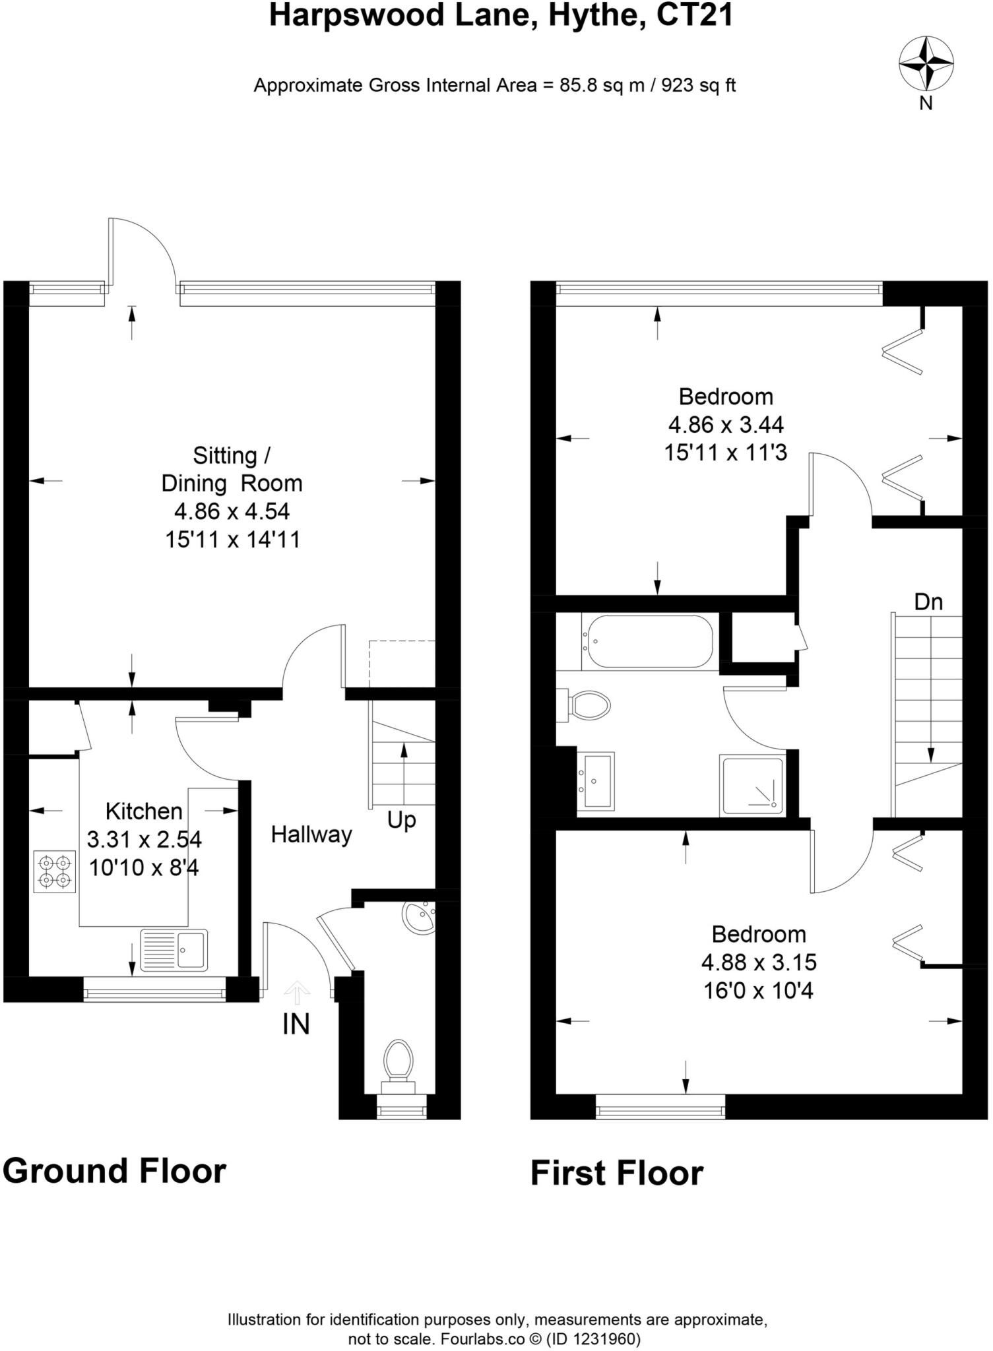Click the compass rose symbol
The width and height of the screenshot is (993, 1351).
926,64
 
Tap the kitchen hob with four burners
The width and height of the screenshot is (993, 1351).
55,871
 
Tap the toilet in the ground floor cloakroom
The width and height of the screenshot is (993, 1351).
399,1063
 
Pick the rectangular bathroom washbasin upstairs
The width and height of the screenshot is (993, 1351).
596,780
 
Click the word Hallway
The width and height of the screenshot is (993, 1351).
311,834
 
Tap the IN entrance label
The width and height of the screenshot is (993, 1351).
296,1024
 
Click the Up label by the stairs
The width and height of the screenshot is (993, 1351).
401,820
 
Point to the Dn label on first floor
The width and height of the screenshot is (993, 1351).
928,602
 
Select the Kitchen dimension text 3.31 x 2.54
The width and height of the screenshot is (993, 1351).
144,840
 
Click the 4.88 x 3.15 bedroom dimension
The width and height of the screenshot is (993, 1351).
759,962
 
